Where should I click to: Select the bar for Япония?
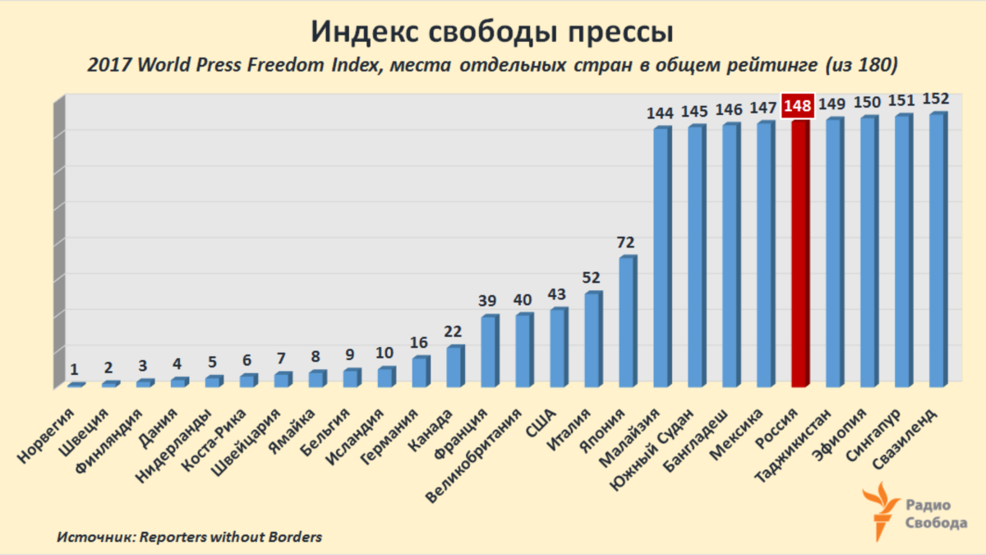coord(627,322)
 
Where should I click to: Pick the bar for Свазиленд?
coord(937,251)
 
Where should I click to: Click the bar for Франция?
coord(489,351)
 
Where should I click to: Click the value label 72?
coord(627,243)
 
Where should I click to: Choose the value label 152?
coord(935,99)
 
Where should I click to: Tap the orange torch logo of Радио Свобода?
coord(882,509)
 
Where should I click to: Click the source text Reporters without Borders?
coord(231,537)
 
